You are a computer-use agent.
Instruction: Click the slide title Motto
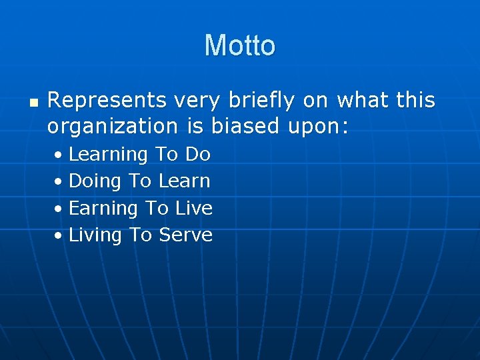click(x=239, y=45)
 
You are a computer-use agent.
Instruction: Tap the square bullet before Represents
click(x=34, y=104)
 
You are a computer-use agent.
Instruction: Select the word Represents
click(x=107, y=101)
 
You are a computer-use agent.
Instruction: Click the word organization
click(x=112, y=126)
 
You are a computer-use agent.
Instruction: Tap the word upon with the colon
click(x=318, y=127)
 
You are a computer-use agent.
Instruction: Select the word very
click(x=197, y=101)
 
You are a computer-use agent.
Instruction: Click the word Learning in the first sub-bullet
click(x=108, y=155)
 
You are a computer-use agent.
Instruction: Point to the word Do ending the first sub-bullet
click(x=198, y=154)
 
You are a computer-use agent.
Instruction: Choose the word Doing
click(x=95, y=181)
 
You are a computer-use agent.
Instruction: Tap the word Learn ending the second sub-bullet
click(x=185, y=181)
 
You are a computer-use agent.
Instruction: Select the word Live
click(x=194, y=208)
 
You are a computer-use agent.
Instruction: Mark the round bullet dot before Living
click(x=60, y=236)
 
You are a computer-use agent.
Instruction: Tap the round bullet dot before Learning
click(x=60, y=155)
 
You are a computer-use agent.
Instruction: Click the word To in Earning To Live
click(x=157, y=208)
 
